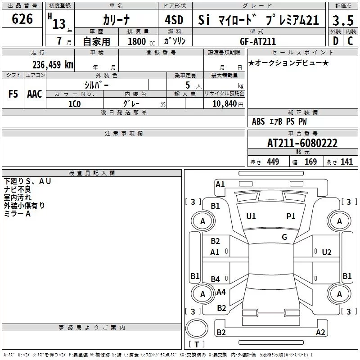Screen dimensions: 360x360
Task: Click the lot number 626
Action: point(22,19)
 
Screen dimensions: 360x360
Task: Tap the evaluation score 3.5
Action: point(343,21)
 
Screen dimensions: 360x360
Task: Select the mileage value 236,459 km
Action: point(53,65)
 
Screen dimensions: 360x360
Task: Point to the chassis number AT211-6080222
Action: point(302,143)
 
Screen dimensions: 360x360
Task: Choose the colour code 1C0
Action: point(74,103)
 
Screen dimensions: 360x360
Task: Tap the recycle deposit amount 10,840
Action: point(224,103)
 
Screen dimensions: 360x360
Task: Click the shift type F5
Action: point(13,94)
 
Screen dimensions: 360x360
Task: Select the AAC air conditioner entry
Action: point(35,94)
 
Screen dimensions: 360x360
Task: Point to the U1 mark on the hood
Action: point(251,216)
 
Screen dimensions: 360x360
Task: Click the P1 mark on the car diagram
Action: point(291,216)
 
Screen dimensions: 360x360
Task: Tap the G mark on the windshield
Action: point(284,237)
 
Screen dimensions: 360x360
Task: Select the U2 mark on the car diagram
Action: point(327,252)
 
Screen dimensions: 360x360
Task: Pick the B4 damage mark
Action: point(216,279)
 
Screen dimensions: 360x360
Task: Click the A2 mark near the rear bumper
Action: point(320,333)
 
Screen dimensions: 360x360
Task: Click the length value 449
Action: point(273,162)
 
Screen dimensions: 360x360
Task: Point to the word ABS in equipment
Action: point(258,121)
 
